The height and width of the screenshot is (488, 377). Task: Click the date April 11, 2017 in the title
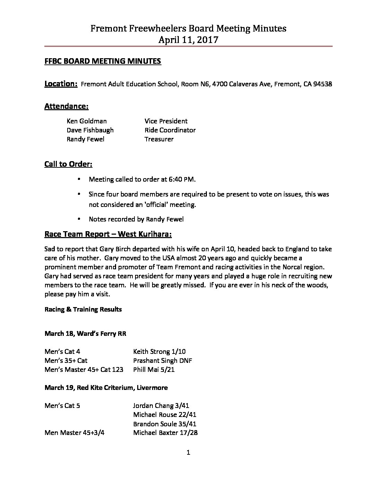coord(188,40)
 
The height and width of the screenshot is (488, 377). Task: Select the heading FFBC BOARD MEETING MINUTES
coord(103,61)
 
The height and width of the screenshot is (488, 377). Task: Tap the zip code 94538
coord(322,84)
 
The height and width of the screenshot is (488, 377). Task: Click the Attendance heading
coord(66,106)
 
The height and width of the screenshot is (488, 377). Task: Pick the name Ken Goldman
coord(87,121)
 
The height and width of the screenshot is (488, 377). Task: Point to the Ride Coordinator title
coord(170,130)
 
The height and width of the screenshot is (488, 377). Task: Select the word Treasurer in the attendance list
coord(159,139)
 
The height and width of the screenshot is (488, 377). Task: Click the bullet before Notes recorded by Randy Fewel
coord(80,219)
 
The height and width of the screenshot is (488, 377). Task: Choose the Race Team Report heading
coord(108,234)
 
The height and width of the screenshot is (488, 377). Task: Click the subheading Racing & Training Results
coord(83,309)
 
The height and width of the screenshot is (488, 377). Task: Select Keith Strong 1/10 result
coord(159,351)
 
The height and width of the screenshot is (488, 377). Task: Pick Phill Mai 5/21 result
coord(154,369)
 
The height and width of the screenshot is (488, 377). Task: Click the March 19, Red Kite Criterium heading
coord(106,387)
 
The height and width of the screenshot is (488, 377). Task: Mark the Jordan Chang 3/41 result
coord(161,406)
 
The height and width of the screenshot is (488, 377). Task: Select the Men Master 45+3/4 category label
coord(74,433)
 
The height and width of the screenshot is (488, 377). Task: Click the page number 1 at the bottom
coord(188,452)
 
